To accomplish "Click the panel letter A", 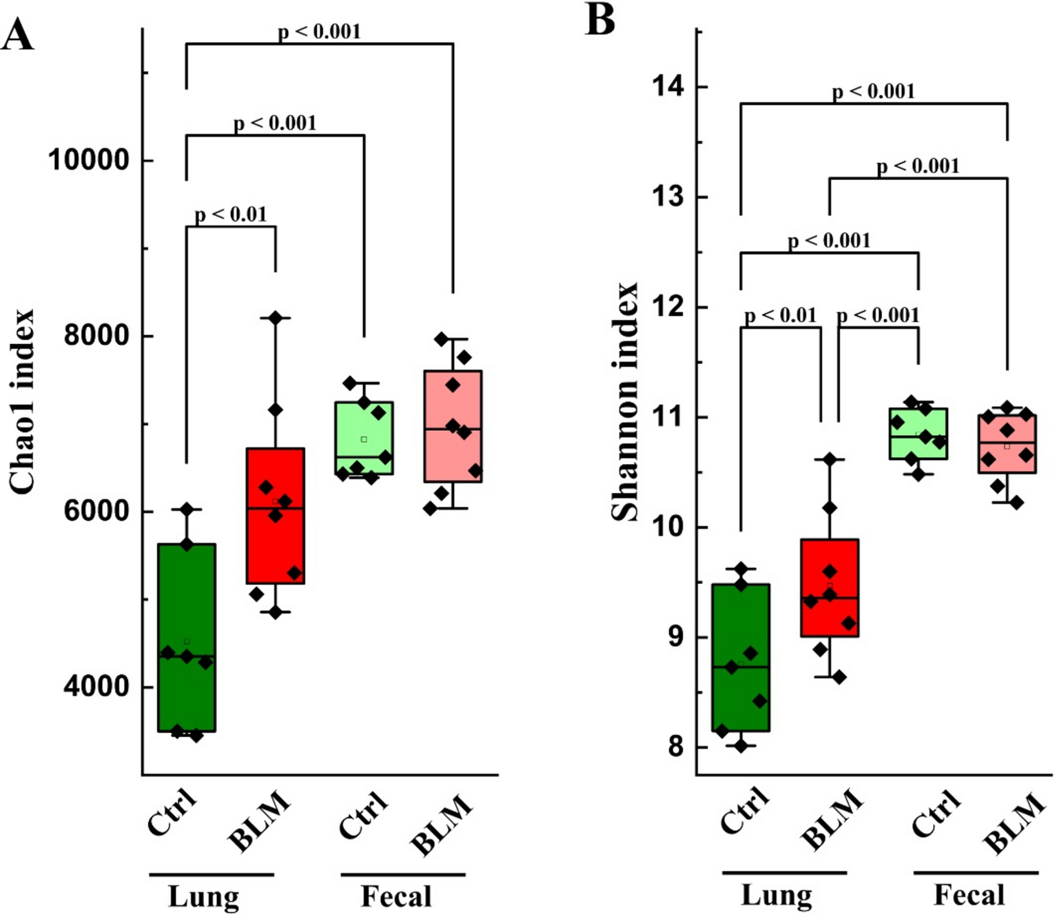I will (x=17, y=35).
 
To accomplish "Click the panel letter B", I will (x=599, y=19).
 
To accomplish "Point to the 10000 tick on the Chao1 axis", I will (x=88, y=160).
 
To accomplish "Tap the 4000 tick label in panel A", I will (x=96, y=687).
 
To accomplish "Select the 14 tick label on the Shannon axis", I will (x=668, y=86).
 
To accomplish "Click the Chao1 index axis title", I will (x=22, y=402).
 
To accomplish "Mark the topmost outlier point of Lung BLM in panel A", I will (x=276, y=318).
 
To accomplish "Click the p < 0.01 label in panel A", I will (x=231, y=214).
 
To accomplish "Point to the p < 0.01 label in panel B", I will (x=781, y=316).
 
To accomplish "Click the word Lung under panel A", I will (x=204, y=896).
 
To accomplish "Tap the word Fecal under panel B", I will (x=969, y=895).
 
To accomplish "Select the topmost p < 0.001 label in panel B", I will (x=873, y=91).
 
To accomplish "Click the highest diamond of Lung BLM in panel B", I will (x=830, y=459).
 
